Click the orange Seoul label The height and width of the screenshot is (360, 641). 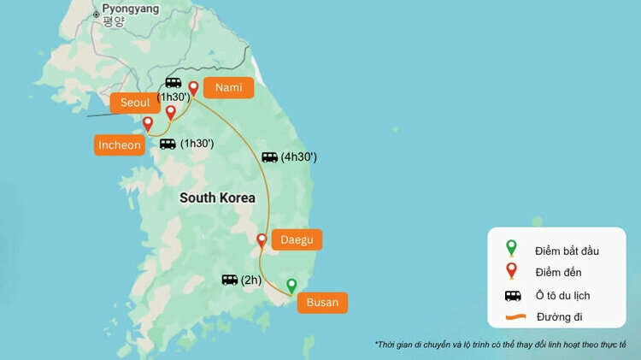tap(135, 103)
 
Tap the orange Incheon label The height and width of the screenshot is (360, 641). tap(119, 145)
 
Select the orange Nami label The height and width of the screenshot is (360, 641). tap(228, 87)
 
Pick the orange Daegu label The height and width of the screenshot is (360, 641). tap(297, 240)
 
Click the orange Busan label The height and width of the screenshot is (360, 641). tap(322, 302)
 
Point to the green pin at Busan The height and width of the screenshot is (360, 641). tap(291, 286)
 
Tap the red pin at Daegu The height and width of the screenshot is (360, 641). tap(262, 241)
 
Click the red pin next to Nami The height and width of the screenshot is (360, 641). tap(193, 88)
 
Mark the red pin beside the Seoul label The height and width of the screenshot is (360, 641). tap(170, 113)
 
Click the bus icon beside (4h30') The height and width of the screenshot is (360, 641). tap(269, 157)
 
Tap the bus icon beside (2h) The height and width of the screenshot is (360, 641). tap(229, 280)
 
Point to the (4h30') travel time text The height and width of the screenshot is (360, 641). tap(298, 157)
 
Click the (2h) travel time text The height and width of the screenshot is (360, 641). tap(250, 280)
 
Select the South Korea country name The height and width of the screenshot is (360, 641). tap(217, 198)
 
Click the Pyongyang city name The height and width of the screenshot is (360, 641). tap(130, 9)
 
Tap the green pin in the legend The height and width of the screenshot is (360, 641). tap(511, 248)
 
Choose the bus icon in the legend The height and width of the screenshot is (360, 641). tap(512, 296)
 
